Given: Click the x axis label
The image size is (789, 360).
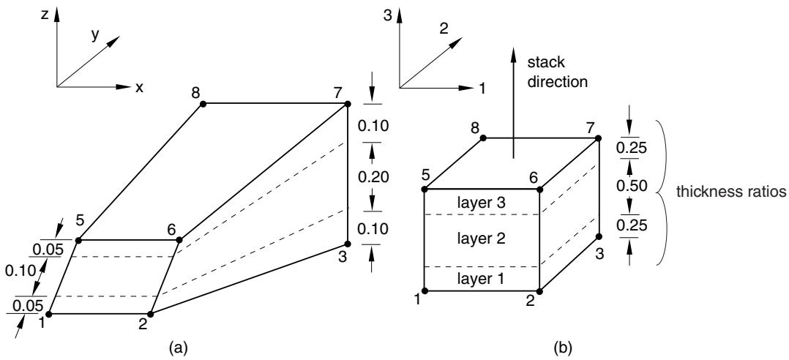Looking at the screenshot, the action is coord(139,88).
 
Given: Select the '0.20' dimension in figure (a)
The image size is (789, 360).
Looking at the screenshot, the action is coord(370,176).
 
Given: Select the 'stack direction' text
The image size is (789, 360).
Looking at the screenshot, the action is coord(556,73).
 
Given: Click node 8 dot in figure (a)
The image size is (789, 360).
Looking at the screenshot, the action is coord(203,104).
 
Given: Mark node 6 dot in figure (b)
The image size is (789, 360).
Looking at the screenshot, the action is coord(539,190).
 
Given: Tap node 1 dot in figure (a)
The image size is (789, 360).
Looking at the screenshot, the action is coord(49,314).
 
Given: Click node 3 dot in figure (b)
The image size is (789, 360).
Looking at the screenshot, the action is coord(599,236).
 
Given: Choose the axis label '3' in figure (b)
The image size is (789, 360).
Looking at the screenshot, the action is coord(387,15).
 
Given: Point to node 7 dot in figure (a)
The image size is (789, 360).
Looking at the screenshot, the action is coord(347,104).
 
